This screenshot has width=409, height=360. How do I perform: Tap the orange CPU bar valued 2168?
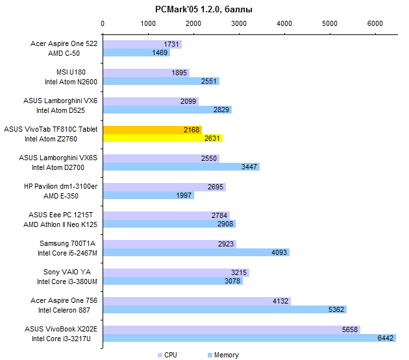(152, 130)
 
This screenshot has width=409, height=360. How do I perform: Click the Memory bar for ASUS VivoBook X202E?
(249, 338)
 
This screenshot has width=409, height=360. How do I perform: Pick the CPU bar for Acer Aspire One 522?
(142, 44)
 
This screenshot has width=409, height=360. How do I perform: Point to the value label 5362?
(335, 309)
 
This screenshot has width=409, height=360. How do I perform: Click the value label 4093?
(278, 252)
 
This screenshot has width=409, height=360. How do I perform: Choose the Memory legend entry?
(222, 355)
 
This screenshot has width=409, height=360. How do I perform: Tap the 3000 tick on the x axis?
(239, 23)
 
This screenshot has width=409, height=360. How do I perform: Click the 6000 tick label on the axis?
(375, 23)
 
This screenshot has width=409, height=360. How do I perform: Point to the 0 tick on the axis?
(103, 23)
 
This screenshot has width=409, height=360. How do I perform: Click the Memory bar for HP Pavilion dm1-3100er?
(148, 195)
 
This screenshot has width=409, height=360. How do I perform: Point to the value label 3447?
(249, 167)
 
